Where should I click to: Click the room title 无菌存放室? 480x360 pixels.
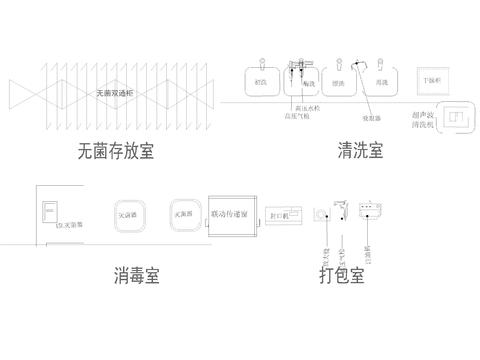(115, 152)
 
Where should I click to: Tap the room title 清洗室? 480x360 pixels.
(361, 152)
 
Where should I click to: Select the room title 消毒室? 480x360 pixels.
(137, 274)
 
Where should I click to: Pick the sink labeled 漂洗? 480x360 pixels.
(339, 81)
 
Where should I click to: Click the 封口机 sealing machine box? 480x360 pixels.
(283, 214)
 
